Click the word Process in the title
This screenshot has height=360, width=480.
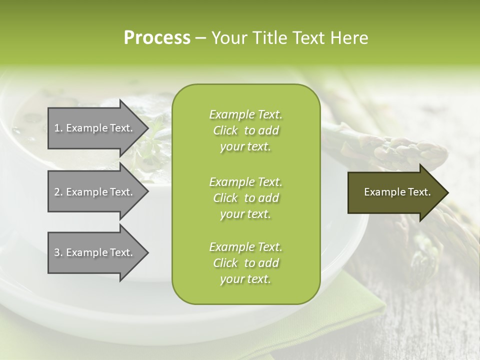pos(157,38)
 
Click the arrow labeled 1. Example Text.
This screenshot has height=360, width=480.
pos(95,128)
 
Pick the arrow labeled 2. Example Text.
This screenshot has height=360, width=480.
pos(95,192)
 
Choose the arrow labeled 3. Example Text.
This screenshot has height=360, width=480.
pos(95,252)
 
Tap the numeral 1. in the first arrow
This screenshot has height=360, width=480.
pos(58,128)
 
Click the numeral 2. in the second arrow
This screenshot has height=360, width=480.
pos(58,192)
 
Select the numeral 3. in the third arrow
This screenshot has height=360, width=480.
pos(58,252)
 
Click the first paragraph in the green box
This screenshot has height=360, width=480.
pos(245,130)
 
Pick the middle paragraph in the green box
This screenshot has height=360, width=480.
pos(245,197)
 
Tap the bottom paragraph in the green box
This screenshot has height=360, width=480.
pos(245,262)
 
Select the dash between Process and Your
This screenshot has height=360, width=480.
pos(200,38)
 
